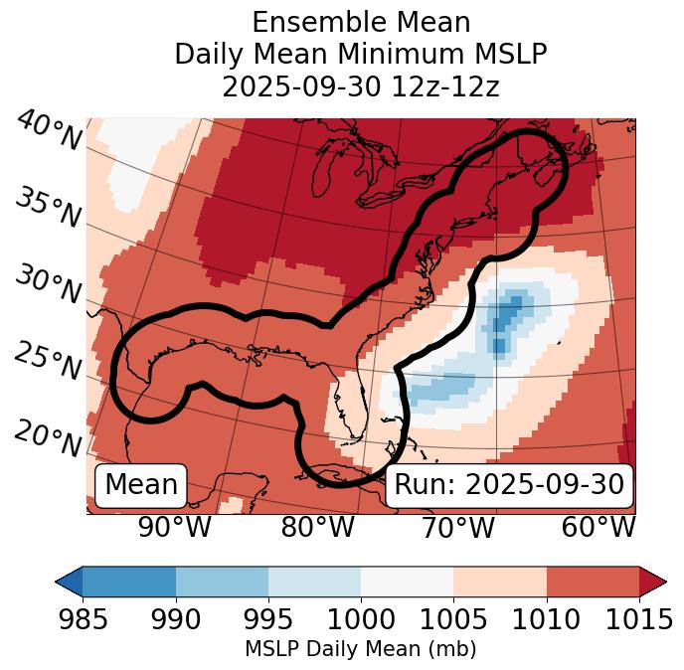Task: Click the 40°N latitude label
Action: click(49, 131)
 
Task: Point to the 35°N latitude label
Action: click(48, 208)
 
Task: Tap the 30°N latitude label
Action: click(48, 285)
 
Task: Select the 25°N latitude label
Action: click(48, 363)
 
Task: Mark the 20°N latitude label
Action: click(48, 437)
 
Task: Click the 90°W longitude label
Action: click(175, 528)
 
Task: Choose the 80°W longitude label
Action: click(317, 528)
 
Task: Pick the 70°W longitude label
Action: click(459, 528)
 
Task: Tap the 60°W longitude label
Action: click(598, 528)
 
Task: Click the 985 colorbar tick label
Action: click(83, 620)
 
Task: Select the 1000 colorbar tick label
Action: click(361, 620)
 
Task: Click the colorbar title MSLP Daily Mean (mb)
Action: click(360, 650)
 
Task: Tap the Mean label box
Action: click(141, 485)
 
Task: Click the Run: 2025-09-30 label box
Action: click(509, 485)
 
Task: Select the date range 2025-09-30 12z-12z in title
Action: click(360, 86)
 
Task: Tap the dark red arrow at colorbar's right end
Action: click(652, 582)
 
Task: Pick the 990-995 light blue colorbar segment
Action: click(222, 582)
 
